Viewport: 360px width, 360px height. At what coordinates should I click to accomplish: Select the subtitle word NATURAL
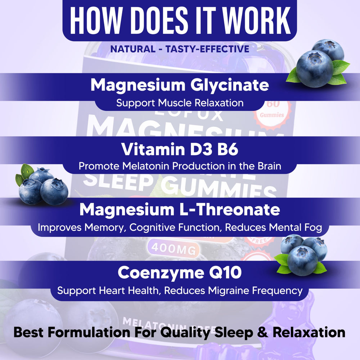(132, 49)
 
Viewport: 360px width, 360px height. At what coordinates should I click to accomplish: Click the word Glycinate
(230, 85)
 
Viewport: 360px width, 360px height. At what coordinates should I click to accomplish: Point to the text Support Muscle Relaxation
(180, 103)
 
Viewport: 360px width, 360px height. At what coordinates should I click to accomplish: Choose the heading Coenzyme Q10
(180, 273)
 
